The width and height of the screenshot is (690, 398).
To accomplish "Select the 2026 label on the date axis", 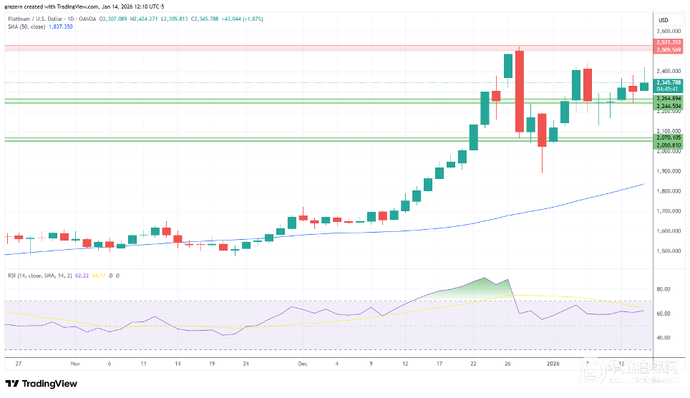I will tap(553, 364).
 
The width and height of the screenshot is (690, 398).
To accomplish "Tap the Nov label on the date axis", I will tap(75, 364).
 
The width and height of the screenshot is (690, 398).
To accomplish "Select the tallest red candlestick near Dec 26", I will tap(520, 92).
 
